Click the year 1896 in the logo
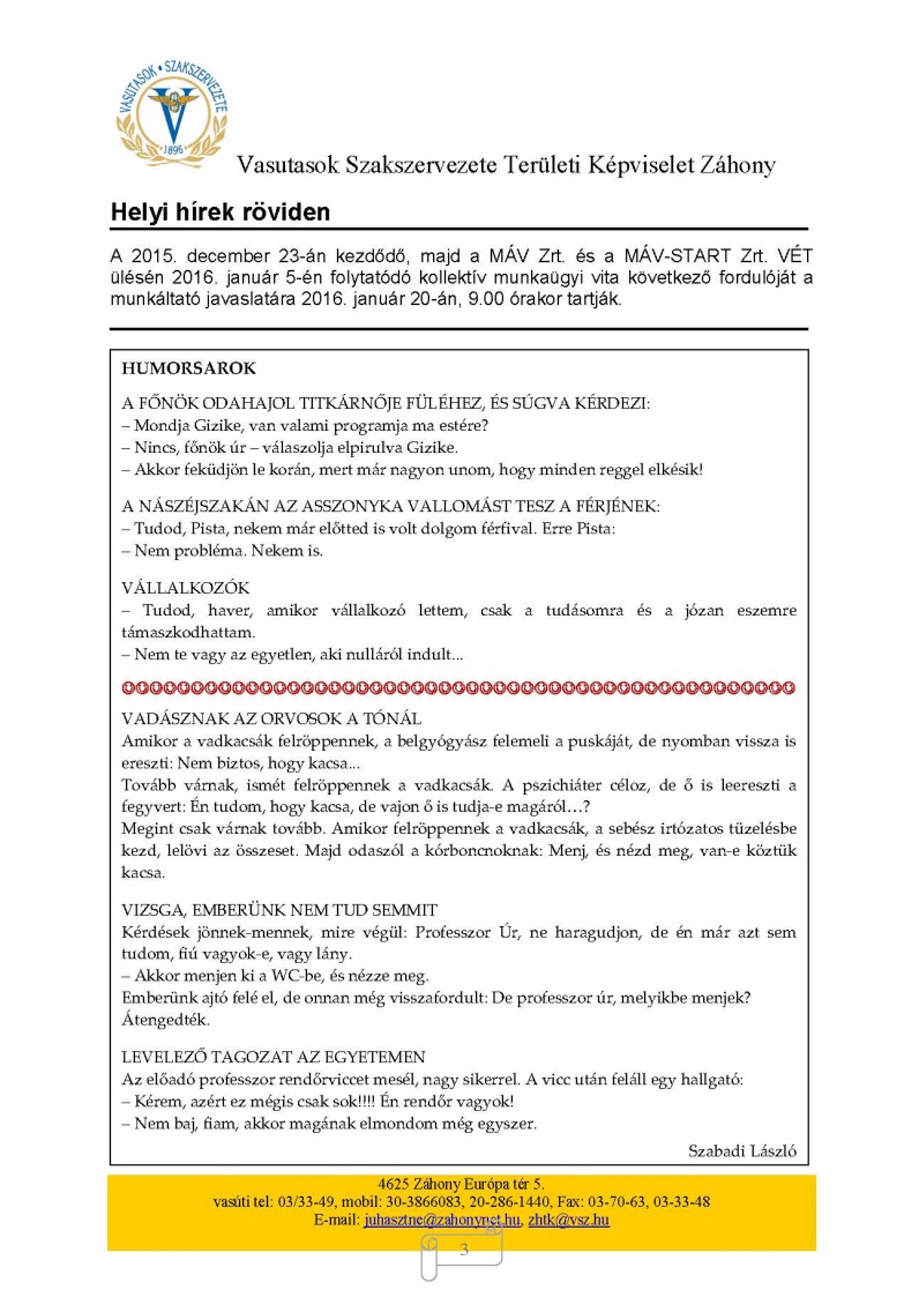click(x=173, y=150)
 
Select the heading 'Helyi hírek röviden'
click(x=220, y=212)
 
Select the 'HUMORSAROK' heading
click(x=188, y=368)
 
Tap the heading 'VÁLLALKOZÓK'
click(x=185, y=588)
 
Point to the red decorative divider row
click(x=458, y=687)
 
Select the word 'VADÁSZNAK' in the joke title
click(x=162, y=719)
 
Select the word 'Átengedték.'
click(x=166, y=1020)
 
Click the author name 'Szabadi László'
click(x=741, y=1150)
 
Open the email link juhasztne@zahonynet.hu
click(x=442, y=1219)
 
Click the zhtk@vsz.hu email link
click(x=568, y=1219)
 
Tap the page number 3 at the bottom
click(x=464, y=1249)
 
